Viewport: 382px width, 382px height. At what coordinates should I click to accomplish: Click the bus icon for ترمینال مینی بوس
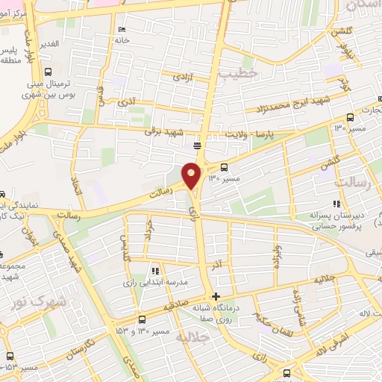click(48, 72)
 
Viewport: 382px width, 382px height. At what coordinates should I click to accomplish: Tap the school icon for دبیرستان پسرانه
click(337, 203)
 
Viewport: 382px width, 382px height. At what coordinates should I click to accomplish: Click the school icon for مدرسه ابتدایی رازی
click(155, 271)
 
